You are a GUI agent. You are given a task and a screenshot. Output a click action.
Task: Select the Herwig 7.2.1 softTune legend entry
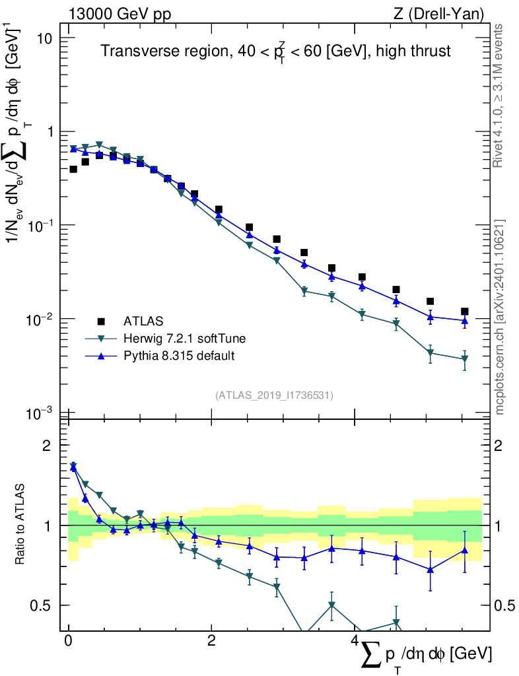click(184, 339)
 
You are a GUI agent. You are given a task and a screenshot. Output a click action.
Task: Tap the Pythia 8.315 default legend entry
click(179, 356)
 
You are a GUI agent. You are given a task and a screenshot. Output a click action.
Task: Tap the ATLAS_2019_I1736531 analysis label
click(274, 395)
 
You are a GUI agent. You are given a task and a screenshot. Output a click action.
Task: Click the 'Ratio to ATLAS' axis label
click(22, 525)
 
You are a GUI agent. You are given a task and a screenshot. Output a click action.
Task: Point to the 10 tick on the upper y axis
click(44, 38)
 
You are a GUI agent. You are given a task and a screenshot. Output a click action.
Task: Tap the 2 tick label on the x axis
click(211, 641)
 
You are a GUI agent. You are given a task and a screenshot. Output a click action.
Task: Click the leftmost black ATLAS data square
click(73, 170)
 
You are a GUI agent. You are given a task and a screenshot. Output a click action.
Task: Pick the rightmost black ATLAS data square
click(465, 312)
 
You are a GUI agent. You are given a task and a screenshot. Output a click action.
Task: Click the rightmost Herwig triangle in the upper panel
click(465, 359)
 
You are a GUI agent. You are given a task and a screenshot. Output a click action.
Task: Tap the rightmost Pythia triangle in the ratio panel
click(465, 550)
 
